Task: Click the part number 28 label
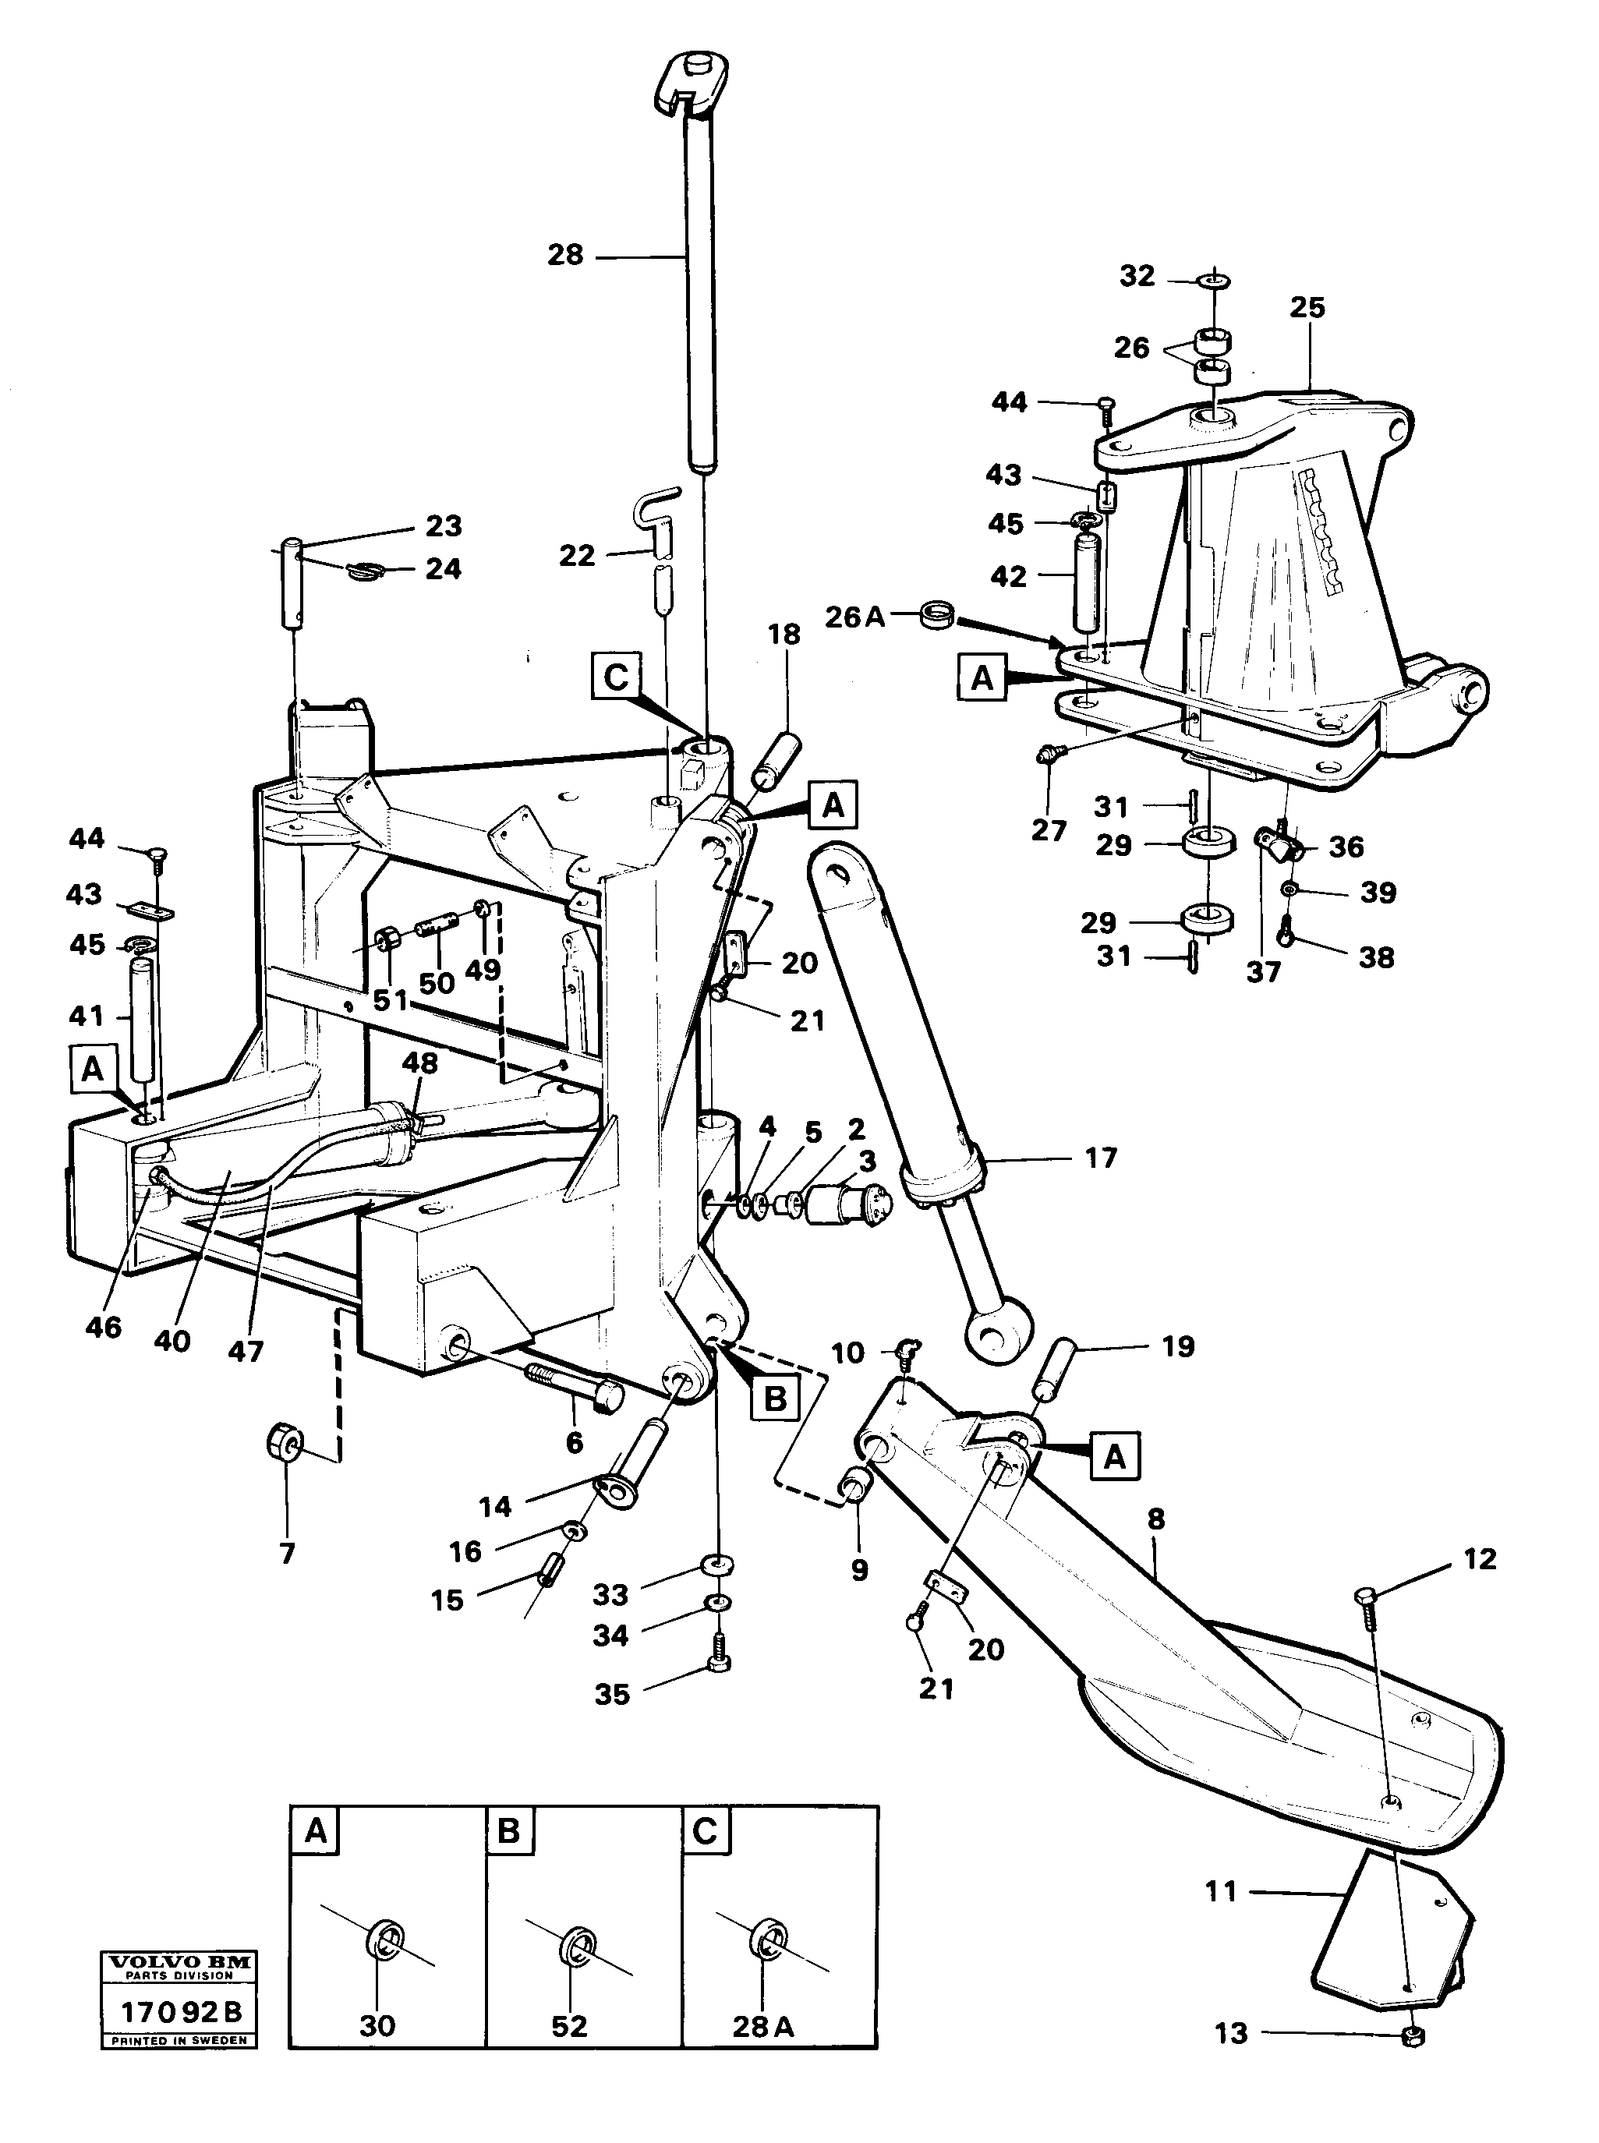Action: pos(566,256)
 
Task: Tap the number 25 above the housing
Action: pos(1307,308)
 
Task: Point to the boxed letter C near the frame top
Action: pos(617,677)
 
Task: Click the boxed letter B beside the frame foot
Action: pos(775,1398)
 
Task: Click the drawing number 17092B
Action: pos(180,2012)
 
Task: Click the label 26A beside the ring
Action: pos(854,617)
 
